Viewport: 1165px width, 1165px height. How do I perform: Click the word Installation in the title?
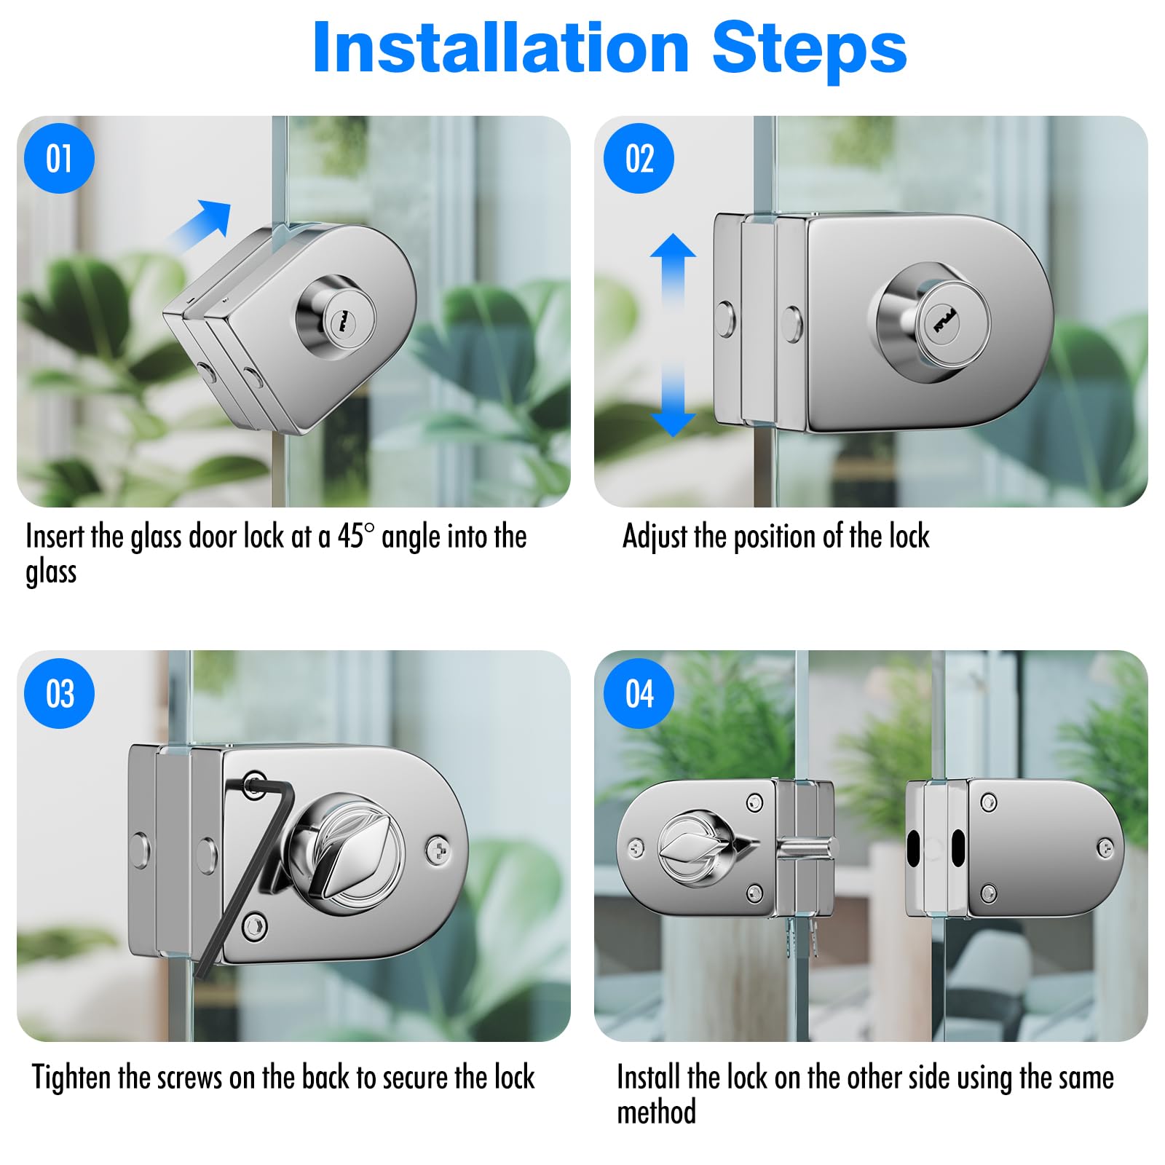[x=501, y=47]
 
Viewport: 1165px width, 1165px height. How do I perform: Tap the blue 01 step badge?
[x=59, y=158]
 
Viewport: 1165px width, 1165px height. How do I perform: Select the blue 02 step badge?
[x=639, y=158]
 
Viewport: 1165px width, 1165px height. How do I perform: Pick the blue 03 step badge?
[x=59, y=693]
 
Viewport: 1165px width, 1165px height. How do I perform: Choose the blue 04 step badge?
[x=639, y=693]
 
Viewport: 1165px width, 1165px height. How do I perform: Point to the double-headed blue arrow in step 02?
[x=673, y=335]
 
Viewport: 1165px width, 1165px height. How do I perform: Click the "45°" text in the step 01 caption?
[x=355, y=536]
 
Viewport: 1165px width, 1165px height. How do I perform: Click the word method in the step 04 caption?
[x=656, y=1112]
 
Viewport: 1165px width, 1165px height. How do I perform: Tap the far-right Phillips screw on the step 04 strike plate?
[x=1105, y=847]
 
